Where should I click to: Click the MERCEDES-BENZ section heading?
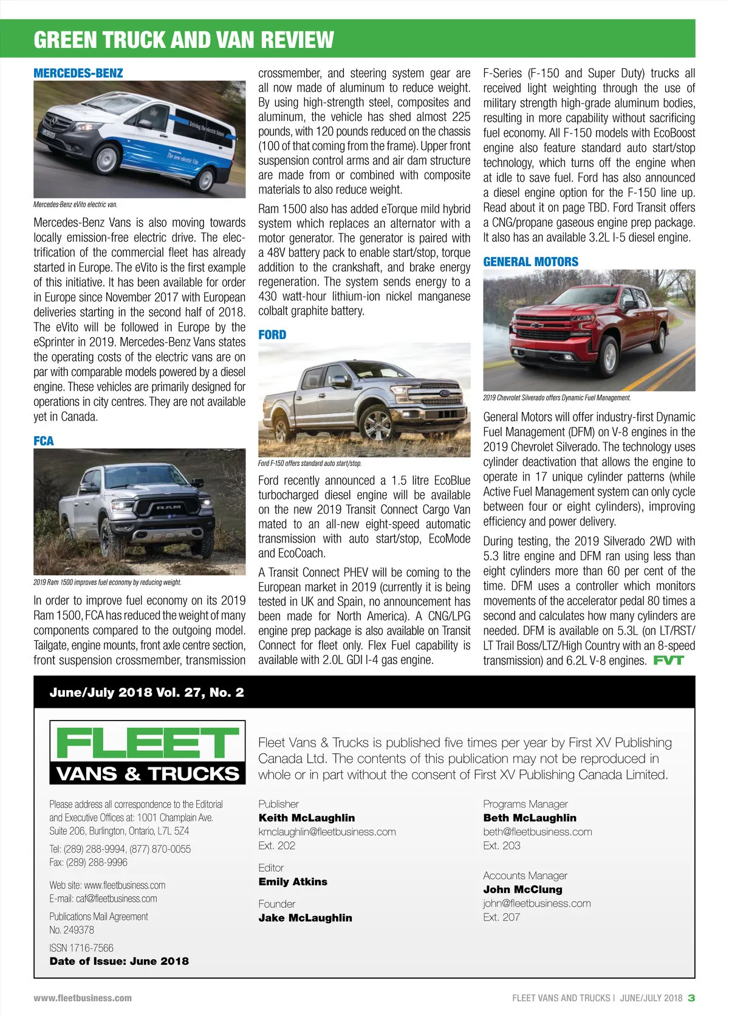(78, 74)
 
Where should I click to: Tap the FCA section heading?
(44, 441)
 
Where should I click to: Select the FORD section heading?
(272, 335)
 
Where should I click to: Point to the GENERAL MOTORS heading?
(531, 262)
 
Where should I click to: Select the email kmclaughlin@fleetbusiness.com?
(327, 832)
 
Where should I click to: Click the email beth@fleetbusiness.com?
(538, 832)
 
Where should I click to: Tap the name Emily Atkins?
(293, 882)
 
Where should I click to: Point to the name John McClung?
(523, 889)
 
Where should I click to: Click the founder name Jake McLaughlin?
(306, 917)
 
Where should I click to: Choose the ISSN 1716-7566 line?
(81, 948)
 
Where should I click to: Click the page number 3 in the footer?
(691, 998)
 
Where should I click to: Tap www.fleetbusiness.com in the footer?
(83, 998)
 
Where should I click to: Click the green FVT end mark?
(668, 660)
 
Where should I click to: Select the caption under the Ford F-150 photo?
(310, 464)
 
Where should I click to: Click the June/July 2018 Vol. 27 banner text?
(147, 692)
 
